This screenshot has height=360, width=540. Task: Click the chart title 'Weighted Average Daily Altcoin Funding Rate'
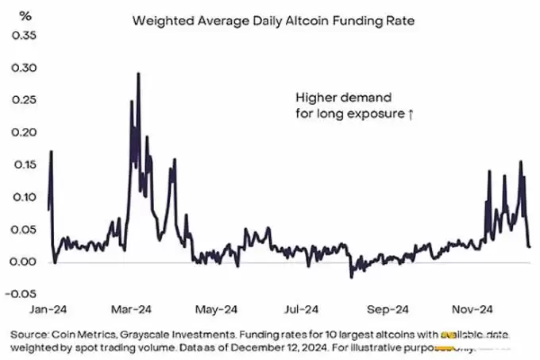(x=273, y=21)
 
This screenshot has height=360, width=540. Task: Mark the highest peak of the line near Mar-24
(x=139, y=74)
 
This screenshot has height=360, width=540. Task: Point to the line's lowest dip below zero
(x=351, y=277)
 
